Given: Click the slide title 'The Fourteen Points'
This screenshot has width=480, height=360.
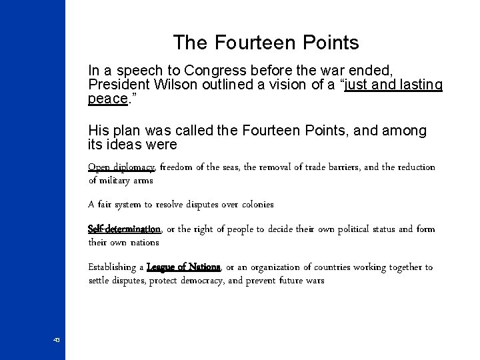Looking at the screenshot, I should (x=266, y=43).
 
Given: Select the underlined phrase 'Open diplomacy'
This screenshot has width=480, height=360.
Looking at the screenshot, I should (x=121, y=167).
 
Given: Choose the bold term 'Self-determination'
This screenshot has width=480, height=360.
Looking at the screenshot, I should (x=125, y=229).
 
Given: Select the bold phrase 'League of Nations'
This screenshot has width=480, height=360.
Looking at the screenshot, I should (x=183, y=267).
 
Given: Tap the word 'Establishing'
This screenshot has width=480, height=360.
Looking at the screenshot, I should (x=114, y=267).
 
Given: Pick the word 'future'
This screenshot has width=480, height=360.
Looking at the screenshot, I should (x=285, y=281).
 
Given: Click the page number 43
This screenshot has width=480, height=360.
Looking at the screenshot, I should (x=57, y=341).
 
